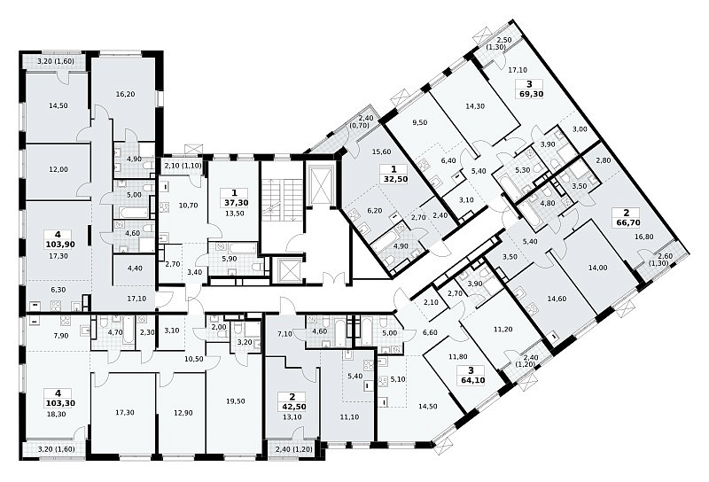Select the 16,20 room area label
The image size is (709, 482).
125,94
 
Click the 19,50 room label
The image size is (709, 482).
235,401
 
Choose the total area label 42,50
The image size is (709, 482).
292,407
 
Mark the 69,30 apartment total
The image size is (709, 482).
529,94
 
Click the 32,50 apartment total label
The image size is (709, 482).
393,179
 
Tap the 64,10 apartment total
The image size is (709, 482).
471,380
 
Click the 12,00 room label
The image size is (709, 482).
58,169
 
